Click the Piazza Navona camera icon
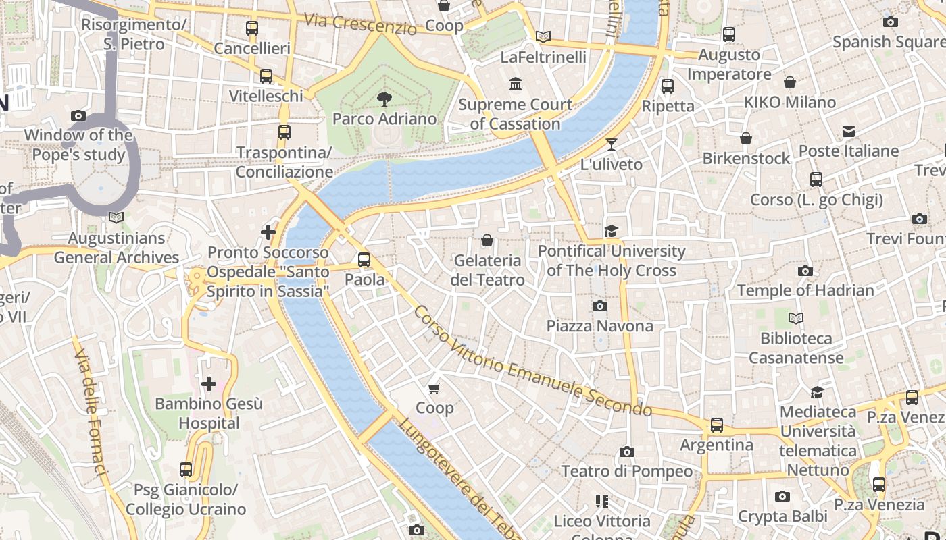click(599, 306)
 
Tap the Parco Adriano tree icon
click(384, 99)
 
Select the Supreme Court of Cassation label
click(515, 114)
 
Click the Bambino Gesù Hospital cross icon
click(209, 384)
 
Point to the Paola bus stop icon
click(364, 259)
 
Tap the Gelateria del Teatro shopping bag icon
click(487, 240)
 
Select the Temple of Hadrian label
click(805, 290)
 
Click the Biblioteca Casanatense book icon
click(796, 318)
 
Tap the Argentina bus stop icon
click(716, 425)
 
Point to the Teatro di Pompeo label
click(627, 471)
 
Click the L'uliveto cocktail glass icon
click(612, 144)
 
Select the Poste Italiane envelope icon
click(848, 131)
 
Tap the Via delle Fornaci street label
click(91, 412)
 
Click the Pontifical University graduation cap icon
click(612, 231)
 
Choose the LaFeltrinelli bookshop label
click(543, 57)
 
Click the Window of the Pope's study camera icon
click(78, 115)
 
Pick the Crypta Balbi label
click(782, 516)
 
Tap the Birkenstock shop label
click(746, 158)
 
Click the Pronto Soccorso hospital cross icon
click(268, 232)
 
